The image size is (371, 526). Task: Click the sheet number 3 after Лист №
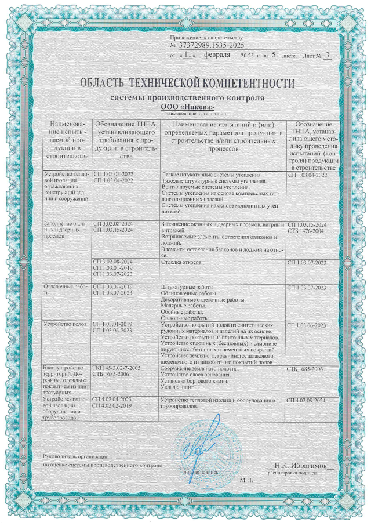click(x=328, y=55)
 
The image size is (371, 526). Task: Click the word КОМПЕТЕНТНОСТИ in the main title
click(x=239, y=84)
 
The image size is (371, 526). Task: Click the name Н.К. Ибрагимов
click(x=301, y=466)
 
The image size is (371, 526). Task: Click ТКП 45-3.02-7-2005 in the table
click(x=117, y=368)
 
